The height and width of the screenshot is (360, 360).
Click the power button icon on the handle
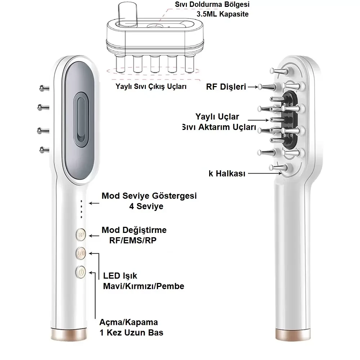coord(81,273)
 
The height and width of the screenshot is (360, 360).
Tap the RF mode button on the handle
coord(81,235)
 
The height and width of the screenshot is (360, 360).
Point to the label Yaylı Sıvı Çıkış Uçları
coord(151,86)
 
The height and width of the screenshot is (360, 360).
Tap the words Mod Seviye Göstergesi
coord(149,196)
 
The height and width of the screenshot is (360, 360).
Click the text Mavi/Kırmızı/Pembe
coord(143,286)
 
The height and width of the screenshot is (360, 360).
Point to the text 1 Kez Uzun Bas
coord(131,332)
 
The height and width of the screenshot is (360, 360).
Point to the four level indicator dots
coord(81,209)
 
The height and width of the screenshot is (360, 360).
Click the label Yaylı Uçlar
coord(217,117)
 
